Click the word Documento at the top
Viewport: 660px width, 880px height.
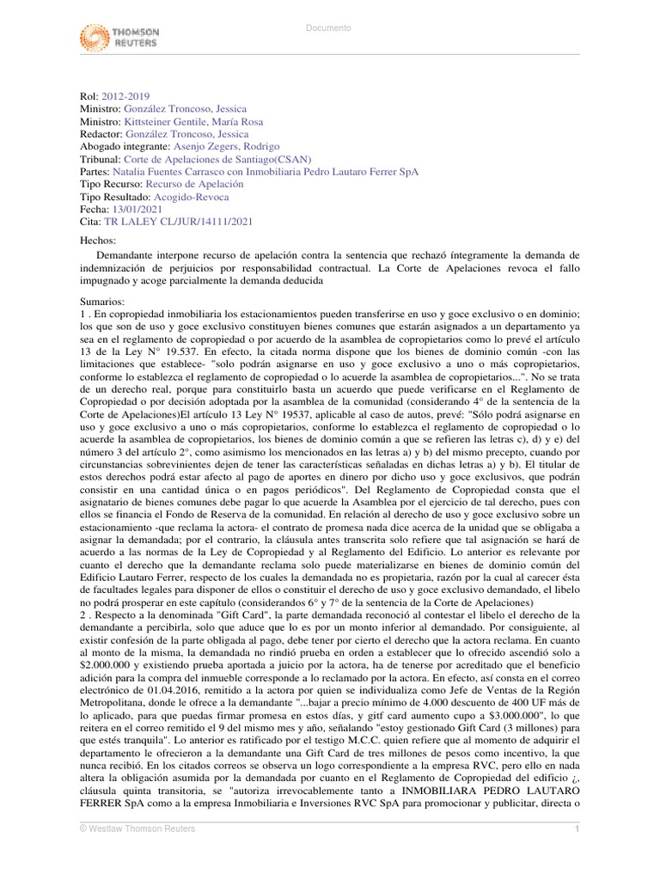coord(329,28)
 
